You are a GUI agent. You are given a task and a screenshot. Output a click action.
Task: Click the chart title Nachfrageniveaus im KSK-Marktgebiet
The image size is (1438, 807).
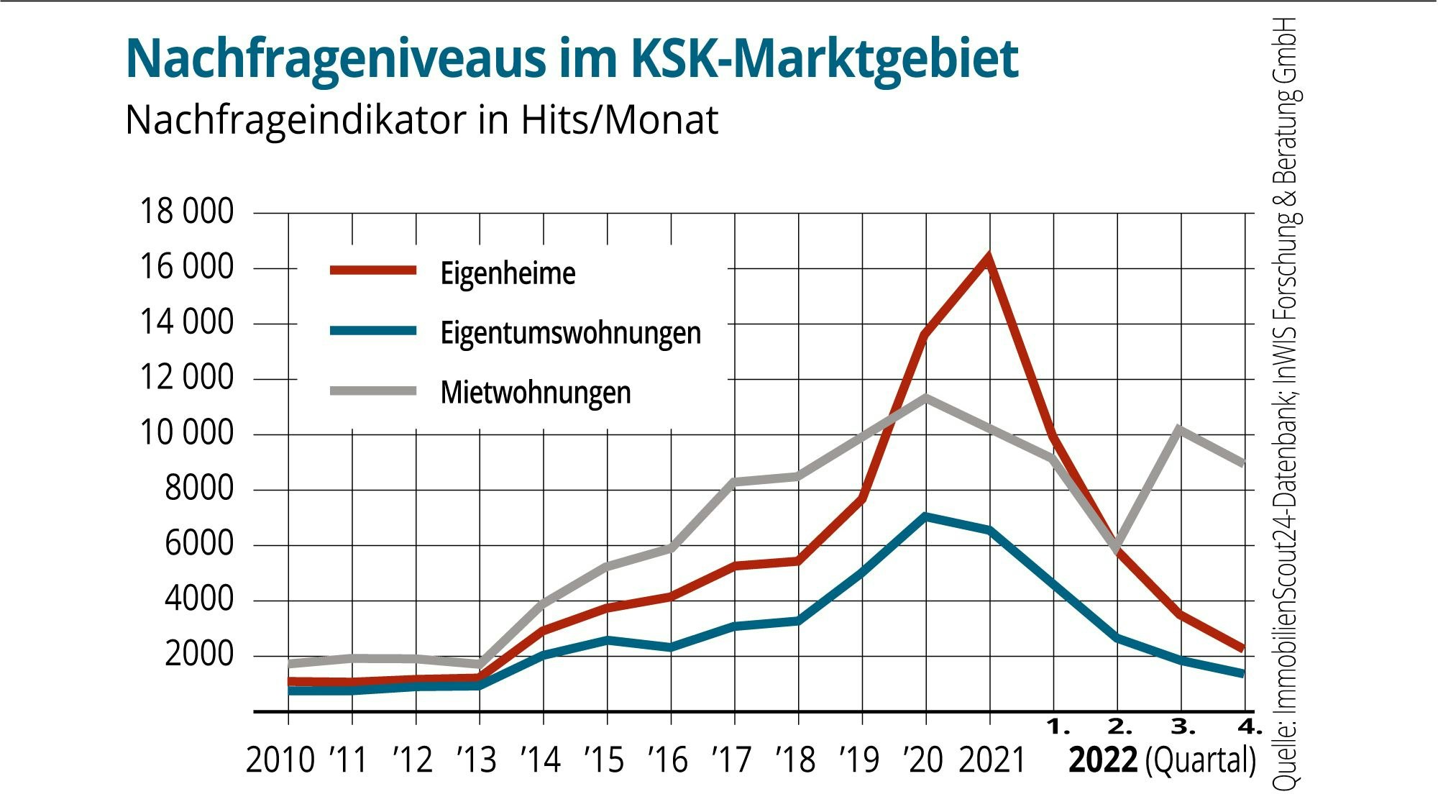[572, 59]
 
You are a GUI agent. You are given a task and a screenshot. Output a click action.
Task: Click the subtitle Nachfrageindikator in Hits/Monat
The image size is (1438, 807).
[421, 120]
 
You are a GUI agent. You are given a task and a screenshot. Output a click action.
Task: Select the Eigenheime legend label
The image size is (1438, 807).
[508, 273]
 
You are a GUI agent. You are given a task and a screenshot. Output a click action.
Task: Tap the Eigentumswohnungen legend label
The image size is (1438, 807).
[570, 333]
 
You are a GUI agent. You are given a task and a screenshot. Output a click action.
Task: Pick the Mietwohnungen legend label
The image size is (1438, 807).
[536, 393]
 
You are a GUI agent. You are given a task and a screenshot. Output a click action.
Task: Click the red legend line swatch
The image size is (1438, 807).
[373, 271]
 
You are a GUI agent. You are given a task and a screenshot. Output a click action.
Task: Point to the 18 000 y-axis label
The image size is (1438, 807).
[186, 212]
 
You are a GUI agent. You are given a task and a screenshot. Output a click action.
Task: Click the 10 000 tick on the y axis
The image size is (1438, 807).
[186, 434]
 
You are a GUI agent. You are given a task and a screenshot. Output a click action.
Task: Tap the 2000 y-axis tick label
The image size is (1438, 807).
[199, 655]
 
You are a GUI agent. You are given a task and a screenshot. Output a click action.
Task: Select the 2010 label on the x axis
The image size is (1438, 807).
[280, 760]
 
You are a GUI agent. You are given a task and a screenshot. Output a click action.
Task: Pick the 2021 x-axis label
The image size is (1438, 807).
[992, 760]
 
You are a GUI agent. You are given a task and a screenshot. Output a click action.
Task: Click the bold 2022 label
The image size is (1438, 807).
[1103, 760]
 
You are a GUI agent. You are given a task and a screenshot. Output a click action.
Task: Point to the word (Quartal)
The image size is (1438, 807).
[1200, 760]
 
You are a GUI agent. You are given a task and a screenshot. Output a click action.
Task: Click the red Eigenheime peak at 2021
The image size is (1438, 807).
[989, 257]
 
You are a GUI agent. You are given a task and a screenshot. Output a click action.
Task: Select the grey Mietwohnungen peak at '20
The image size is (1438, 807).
[926, 397]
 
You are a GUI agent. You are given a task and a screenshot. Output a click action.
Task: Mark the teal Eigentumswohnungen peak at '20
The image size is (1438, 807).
[926, 516]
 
